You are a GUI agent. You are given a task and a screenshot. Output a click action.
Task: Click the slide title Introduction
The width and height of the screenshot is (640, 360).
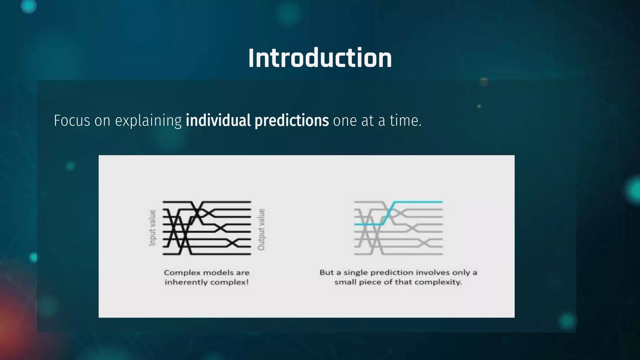point(320,58)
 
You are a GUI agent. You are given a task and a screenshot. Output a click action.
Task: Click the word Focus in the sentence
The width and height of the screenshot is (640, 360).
point(72,121)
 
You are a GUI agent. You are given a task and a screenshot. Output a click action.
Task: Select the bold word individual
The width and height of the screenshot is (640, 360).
point(218,121)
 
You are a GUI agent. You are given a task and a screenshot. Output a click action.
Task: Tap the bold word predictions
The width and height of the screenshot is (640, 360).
point(292,121)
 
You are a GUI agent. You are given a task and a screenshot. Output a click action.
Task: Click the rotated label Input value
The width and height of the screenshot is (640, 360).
point(152,228)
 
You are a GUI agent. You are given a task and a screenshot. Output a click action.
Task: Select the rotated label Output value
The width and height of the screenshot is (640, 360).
point(261,229)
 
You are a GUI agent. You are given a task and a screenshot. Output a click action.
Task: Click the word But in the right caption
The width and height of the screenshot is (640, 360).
point(327,272)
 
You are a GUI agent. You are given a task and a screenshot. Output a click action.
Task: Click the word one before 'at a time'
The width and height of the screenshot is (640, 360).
point(345,121)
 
